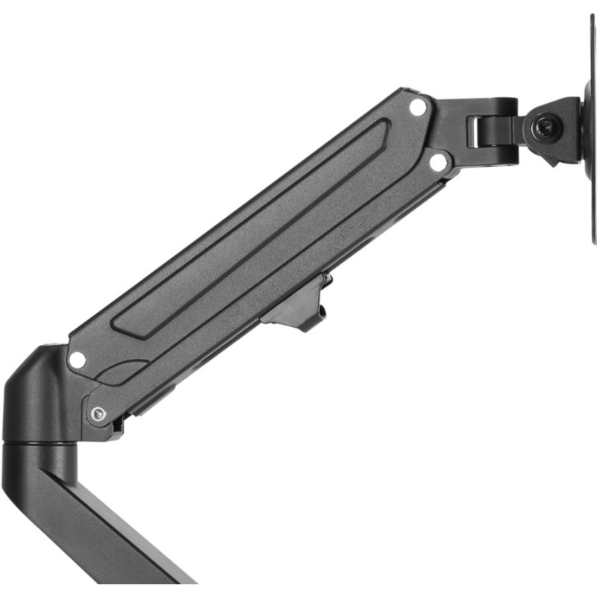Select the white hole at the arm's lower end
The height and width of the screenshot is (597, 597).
[x=77, y=359]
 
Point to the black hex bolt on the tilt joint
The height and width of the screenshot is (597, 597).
[x=546, y=127]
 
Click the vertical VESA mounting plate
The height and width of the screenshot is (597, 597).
[x=590, y=127]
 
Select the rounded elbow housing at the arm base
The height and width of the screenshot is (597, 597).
[x=34, y=396]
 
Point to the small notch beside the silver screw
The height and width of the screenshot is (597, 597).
[x=118, y=426]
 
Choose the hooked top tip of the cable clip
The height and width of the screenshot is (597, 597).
[x=326, y=279]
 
